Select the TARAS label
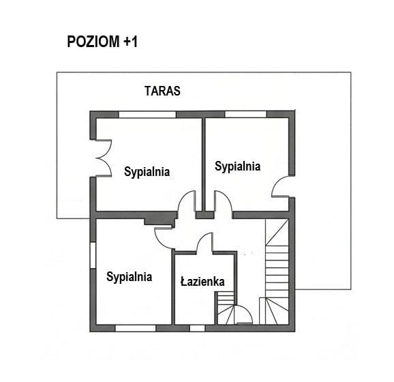pyautogui.click(x=162, y=90)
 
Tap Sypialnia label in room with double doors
pyautogui.click(x=147, y=172)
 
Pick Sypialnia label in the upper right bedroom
pyautogui.click(x=237, y=166)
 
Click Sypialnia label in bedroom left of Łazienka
pyautogui.click(x=129, y=277)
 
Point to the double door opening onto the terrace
pyautogui.click(x=103, y=158)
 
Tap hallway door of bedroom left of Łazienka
pyautogui.click(x=164, y=236)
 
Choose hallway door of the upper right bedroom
pyautogui.click(x=223, y=203)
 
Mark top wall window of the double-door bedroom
pyautogui.click(x=147, y=114)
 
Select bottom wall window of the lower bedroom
pyautogui.click(x=136, y=327)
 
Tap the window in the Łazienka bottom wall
pyautogui.click(x=197, y=327)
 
